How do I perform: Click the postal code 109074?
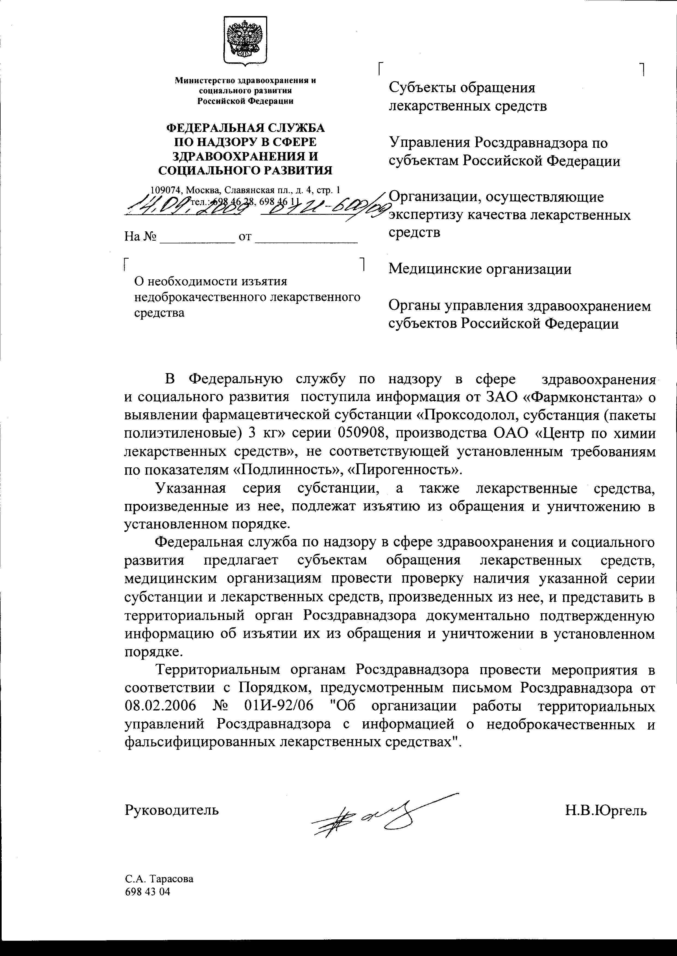tap(167, 190)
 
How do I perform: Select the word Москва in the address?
tap(204, 190)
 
